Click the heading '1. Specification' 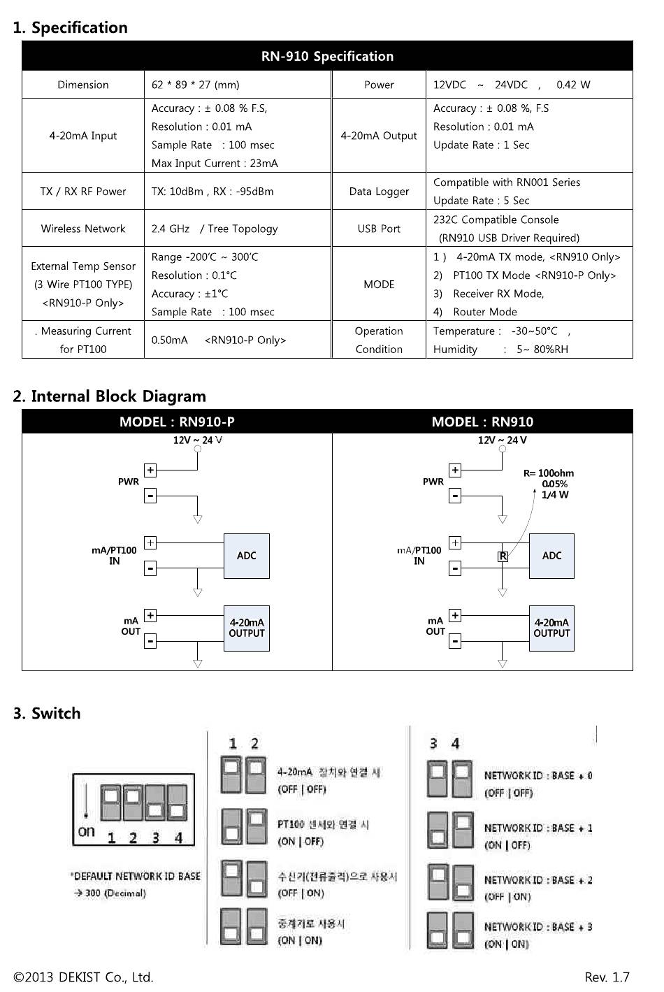click(x=71, y=27)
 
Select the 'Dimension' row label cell click(x=82, y=85)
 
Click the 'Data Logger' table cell click(x=379, y=192)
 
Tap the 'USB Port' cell click(x=379, y=229)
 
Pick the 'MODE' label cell click(x=379, y=284)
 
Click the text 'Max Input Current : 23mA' click(x=215, y=164)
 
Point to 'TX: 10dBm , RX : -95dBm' click(x=212, y=192)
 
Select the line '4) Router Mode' click(x=475, y=312)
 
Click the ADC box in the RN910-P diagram click(x=247, y=556)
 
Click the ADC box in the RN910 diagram click(x=551, y=556)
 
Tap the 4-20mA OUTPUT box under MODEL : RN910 click(x=551, y=628)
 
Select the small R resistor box click(x=503, y=556)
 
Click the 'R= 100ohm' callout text click(x=549, y=473)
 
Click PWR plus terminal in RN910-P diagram click(x=150, y=470)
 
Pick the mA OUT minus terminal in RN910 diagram click(x=455, y=641)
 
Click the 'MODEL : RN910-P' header click(x=177, y=422)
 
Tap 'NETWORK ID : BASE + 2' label click(x=538, y=879)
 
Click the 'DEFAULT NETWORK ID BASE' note click(x=136, y=876)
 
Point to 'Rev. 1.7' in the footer click(x=607, y=977)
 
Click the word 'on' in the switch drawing click(x=87, y=831)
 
